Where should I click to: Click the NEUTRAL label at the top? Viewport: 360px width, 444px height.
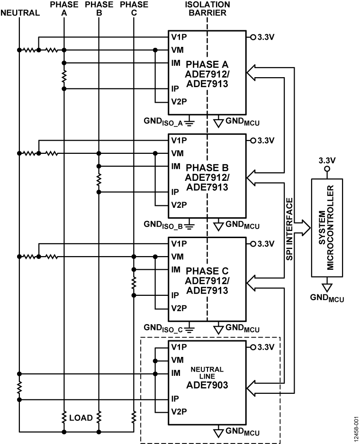click(20, 13)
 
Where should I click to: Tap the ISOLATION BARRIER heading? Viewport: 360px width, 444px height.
click(207, 9)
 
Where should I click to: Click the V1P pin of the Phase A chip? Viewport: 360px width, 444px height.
click(179, 36)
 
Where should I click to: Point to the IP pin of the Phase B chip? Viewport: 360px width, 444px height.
click(175, 192)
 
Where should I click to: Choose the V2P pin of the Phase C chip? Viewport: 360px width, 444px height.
click(179, 308)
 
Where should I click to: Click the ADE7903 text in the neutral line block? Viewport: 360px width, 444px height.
click(207, 385)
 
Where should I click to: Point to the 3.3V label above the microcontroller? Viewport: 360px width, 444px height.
click(327, 160)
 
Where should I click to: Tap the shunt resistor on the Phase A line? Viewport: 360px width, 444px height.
click(63, 76)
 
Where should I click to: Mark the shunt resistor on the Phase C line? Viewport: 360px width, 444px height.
click(134, 283)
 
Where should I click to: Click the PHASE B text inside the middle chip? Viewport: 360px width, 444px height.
click(207, 168)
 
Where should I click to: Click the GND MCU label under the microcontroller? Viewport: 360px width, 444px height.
click(327, 298)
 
